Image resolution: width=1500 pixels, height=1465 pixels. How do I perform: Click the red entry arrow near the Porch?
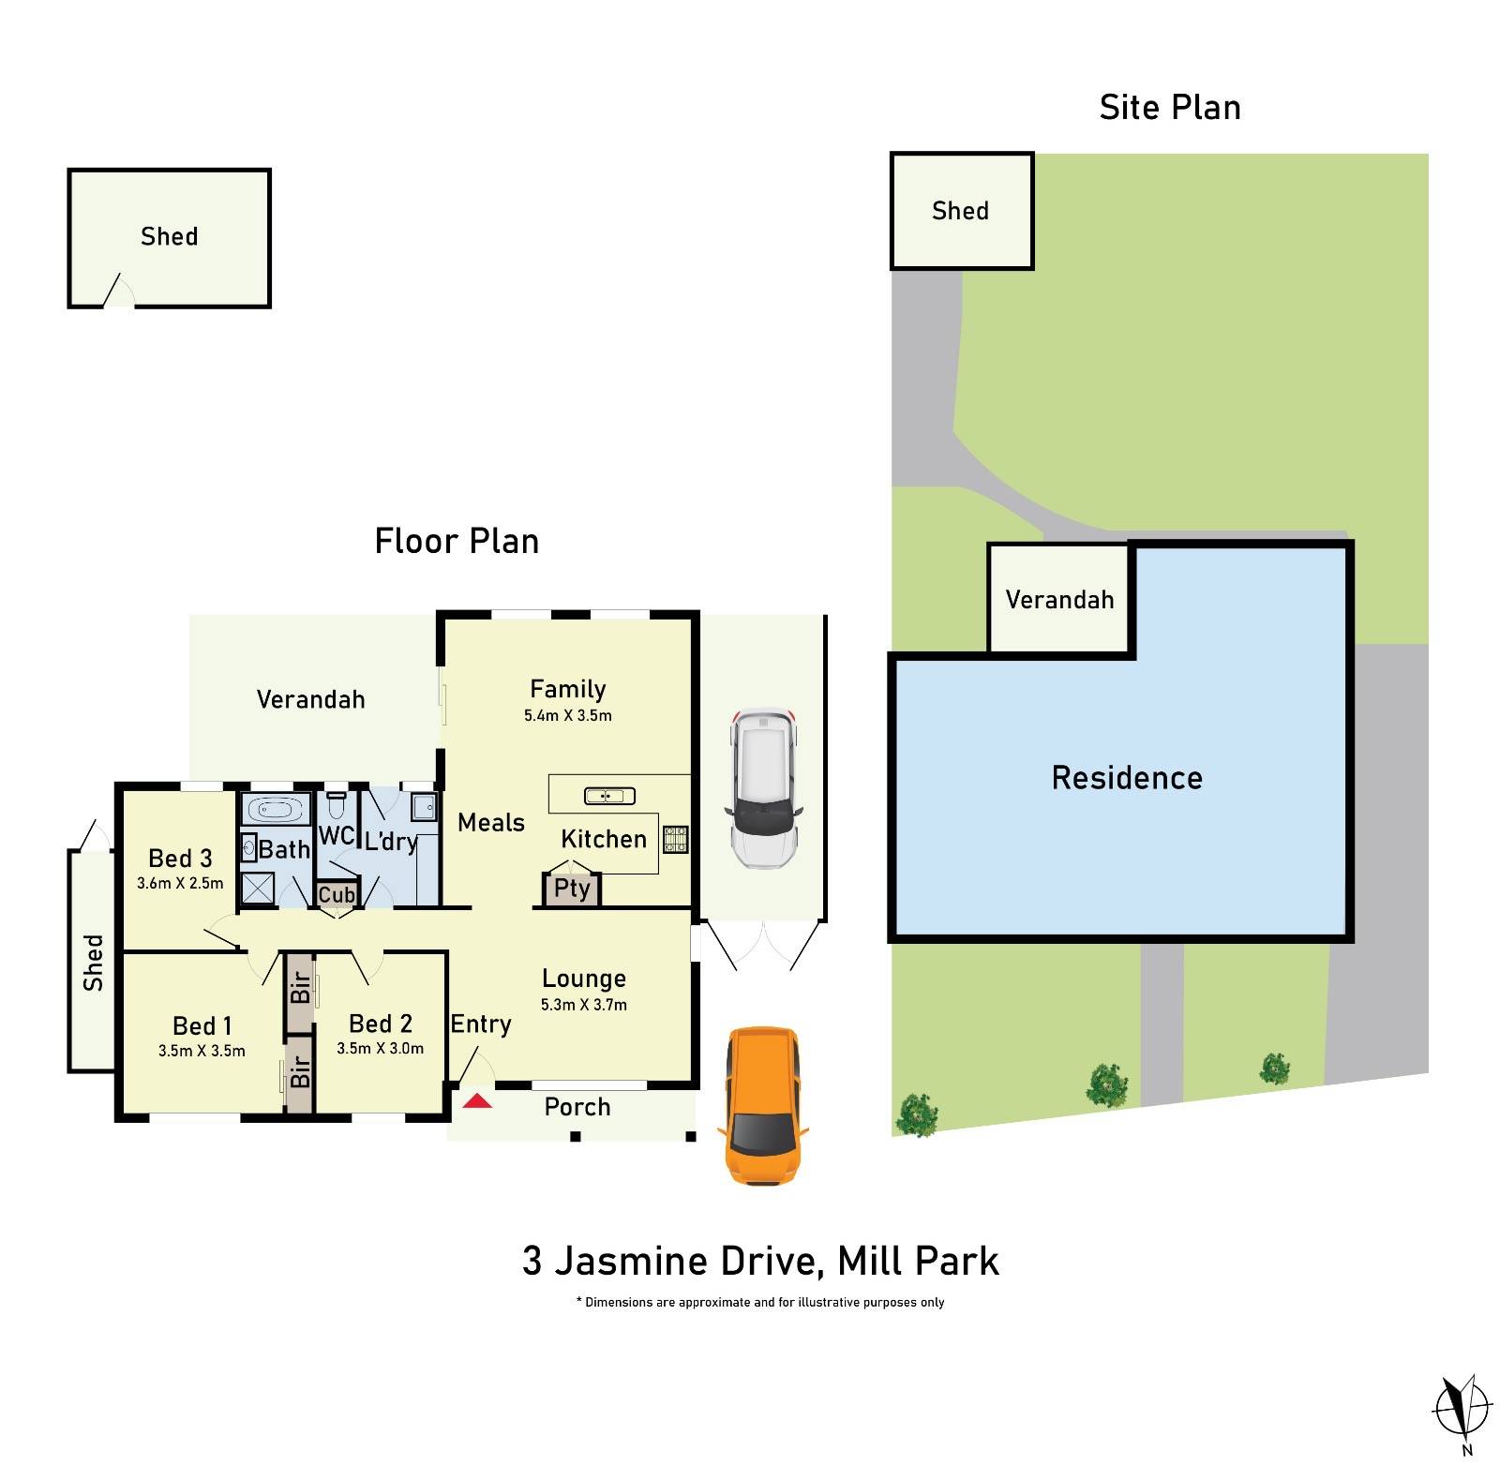(477, 1100)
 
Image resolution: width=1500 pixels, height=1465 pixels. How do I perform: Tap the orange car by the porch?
(762, 1104)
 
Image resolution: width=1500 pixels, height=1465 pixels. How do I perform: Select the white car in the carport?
(764, 787)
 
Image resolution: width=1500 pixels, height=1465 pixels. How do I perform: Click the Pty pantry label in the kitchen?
(572, 888)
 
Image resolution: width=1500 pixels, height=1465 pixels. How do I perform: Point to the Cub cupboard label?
(337, 894)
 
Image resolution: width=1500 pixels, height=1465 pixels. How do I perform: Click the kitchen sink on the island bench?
(609, 796)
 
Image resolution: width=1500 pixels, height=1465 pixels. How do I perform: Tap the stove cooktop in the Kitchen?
(676, 839)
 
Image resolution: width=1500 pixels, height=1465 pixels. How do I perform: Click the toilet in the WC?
(337, 806)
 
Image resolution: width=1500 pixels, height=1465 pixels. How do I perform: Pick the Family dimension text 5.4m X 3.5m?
(567, 715)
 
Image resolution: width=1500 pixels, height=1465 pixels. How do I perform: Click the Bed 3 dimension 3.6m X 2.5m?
(180, 883)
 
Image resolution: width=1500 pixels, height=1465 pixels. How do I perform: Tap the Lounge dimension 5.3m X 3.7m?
(583, 1004)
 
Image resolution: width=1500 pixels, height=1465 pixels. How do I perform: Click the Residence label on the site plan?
(1126, 778)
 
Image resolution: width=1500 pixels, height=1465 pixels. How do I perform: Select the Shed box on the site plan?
(961, 211)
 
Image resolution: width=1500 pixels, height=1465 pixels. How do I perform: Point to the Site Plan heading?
(1169, 108)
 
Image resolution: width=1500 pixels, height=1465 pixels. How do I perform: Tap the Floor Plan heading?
(457, 542)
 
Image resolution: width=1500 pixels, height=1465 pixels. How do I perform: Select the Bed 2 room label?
(381, 1024)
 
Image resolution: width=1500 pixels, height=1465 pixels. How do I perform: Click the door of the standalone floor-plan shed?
(118, 292)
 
